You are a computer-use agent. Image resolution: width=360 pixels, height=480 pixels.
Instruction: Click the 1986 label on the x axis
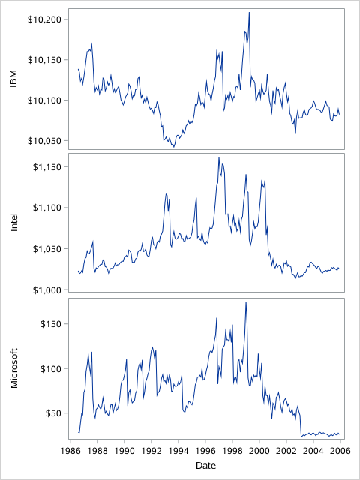click(x=70, y=451)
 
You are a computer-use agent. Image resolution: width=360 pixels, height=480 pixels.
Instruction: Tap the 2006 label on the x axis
click(x=340, y=451)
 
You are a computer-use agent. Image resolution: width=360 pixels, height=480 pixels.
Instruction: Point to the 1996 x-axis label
click(x=205, y=451)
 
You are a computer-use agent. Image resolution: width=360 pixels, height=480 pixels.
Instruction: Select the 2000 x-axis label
click(x=259, y=451)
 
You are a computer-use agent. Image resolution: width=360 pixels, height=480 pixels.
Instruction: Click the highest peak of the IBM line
click(x=249, y=13)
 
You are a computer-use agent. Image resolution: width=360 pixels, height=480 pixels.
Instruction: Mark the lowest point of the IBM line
click(x=174, y=146)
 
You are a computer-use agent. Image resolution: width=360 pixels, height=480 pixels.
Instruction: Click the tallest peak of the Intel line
click(x=218, y=157)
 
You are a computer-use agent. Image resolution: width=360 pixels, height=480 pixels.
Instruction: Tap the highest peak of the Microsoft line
click(x=246, y=302)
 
